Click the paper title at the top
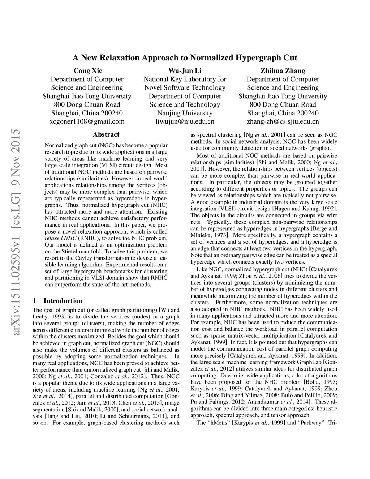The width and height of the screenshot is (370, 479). [185, 57]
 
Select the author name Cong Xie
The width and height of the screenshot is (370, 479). [88, 70]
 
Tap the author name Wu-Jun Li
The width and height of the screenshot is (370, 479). [185, 70]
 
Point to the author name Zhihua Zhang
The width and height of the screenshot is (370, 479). [283, 70]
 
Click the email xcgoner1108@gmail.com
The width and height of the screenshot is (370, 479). [87, 121]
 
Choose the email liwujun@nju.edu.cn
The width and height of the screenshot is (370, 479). [185, 121]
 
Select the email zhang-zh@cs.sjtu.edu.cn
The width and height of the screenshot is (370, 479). [283, 121]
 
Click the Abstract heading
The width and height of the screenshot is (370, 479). [106, 134]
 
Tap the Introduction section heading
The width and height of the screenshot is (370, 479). [63, 301]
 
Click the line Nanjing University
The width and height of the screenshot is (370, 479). [185, 113]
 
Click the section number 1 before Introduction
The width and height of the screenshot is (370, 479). [34, 301]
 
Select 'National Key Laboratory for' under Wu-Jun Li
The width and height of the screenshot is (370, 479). [185, 79]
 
